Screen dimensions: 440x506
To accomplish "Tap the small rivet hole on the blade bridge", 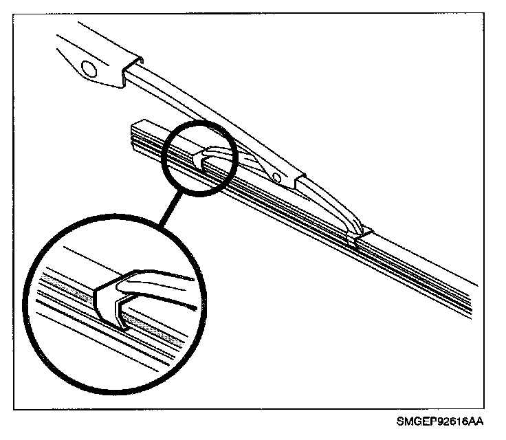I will [278, 179].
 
